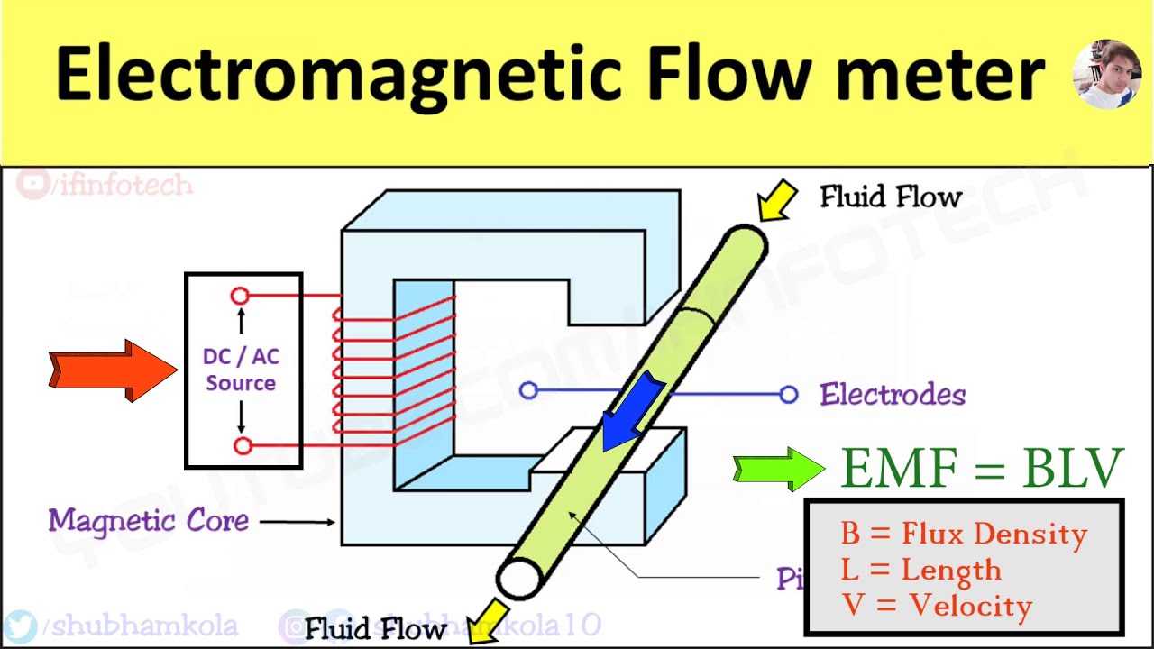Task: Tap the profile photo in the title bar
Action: [x=1107, y=74]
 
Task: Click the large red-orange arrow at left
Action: [x=113, y=370]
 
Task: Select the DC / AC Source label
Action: [x=241, y=370]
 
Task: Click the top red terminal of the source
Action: [x=240, y=296]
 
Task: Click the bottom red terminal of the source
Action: [x=243, y=445]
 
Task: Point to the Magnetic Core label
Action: [x=148, y=520]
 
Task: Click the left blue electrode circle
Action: [x=528, y=390]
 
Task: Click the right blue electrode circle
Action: [x=789, y=394]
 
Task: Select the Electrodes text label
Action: [x=893, y=395]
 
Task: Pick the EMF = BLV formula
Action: [x=982, y=468]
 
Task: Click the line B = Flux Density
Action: [x=964, y=534]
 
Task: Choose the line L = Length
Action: [x=920, y=570]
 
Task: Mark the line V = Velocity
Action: [x=937, y=605]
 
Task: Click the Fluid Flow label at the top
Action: [x=891, y=197]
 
